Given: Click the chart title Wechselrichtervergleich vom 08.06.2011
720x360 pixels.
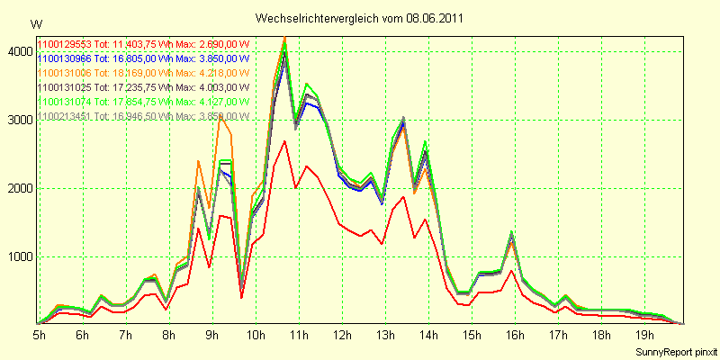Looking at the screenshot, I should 359,18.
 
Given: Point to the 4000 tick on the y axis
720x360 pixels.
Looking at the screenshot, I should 18,52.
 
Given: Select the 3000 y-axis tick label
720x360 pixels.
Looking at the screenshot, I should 18,121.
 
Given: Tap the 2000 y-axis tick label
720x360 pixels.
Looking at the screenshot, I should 18,189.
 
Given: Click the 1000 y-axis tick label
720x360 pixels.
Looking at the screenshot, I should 18,257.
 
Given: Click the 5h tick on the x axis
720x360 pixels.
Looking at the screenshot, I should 40,335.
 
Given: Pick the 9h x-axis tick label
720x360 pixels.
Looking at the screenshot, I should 211,335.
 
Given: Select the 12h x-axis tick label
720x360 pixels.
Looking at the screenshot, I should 341,335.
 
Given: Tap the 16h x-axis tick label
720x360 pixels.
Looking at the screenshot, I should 514,335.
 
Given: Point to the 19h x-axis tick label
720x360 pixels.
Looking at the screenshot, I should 643,335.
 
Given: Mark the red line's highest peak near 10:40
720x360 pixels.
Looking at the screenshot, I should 284,141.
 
